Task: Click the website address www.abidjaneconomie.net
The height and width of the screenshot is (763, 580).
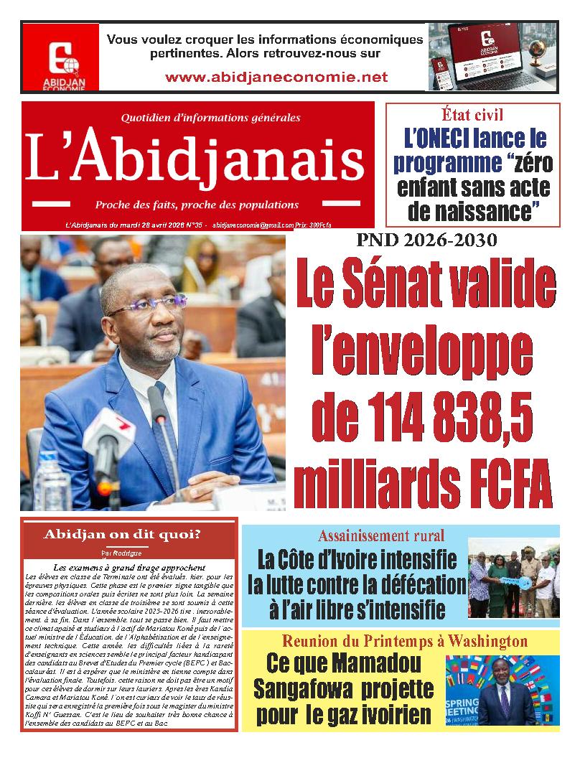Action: tap(276, 77)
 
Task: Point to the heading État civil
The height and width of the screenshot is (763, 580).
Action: tap(472, 114)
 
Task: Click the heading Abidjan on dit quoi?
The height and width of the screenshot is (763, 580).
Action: tap(122, 535)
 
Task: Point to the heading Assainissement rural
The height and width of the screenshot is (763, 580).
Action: tap(380, 535)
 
